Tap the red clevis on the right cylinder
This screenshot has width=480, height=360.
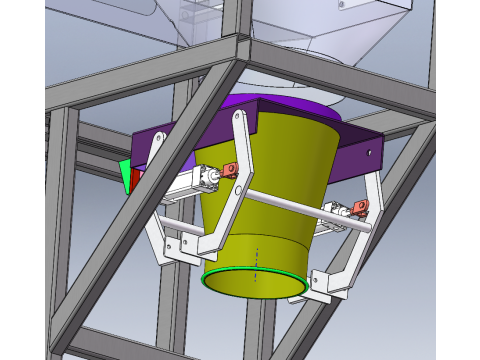(359, 208)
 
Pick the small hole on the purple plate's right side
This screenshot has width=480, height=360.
(371, 153)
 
